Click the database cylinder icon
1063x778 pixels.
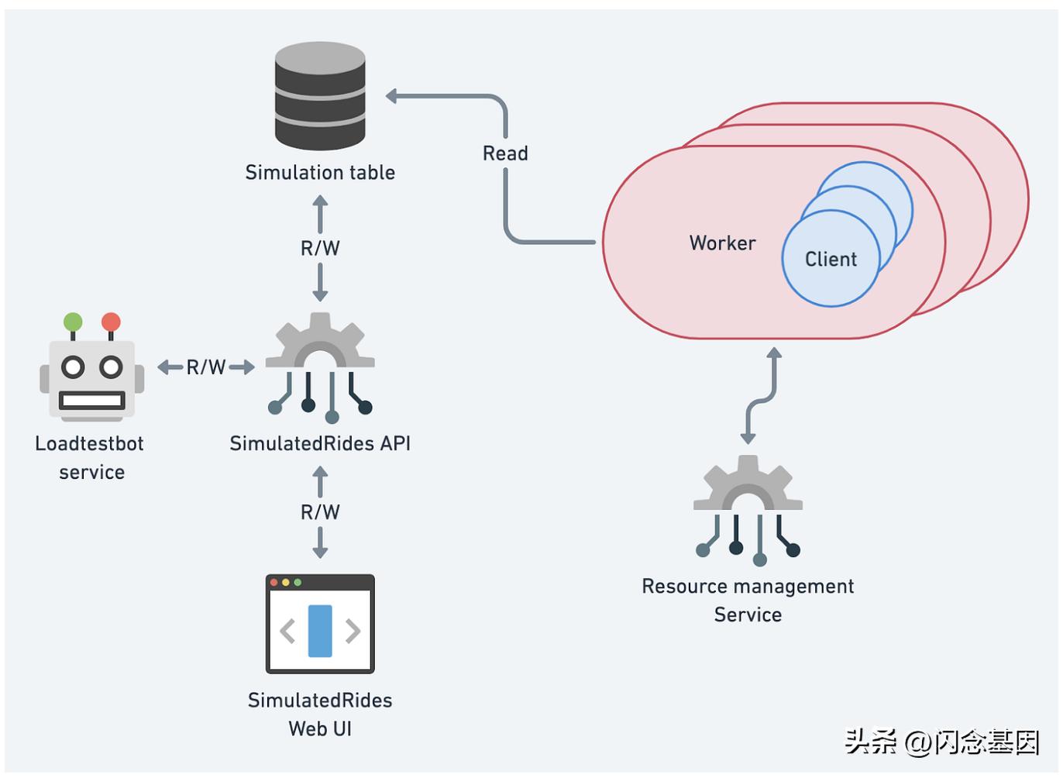pyautogui.click(x=320, y=96)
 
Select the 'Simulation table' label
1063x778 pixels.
pyautogui.click(x=320, y=172)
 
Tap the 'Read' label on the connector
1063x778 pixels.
pyautogui.click(x=505, y=153)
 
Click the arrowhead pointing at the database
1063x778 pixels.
pyautogui.click(x=392, y=96)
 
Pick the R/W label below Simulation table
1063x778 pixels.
pyautogui.click(x=320, y=248)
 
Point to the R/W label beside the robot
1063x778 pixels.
pyautogui.click(x=206, y=367)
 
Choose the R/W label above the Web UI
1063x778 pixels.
pyautogui.click(x=320, y=512)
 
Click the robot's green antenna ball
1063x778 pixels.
pyautogui.click(x=73, y=322)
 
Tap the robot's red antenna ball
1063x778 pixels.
pyautogui.click(x=111, y=322)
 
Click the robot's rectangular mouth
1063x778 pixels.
pyautogui.click(x=91, y=401)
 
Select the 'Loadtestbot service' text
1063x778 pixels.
pyautogui.click(x=91, y=457)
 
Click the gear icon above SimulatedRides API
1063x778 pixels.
pyautogui.click(x=320, y=345)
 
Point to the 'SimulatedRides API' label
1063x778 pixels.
pyautogui.click(x=320, y=443)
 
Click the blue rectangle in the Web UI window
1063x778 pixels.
pyautogui.click(x=320, y=631)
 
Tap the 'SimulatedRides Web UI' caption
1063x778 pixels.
pyautogui.click(x=320, y=714)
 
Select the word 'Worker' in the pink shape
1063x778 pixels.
pyautogui.click(x=722, y=243)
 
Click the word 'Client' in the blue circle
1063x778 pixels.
pyautogui.click(x=831, y=260)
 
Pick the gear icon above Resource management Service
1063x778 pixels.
pyautogui.click(x=748, y=488)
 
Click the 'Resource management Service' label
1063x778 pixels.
pyautogui.click(x=748, y=600)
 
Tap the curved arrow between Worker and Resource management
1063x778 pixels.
pyautogui.click(x=761, y=397)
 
